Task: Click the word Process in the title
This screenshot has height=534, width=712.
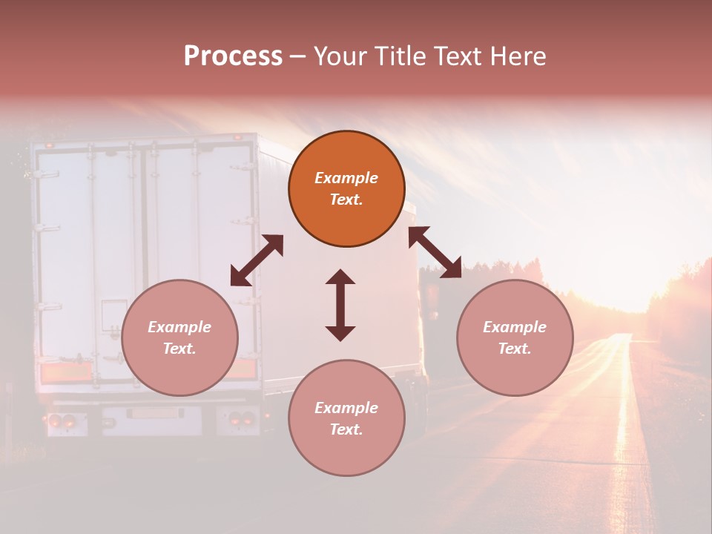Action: (233, 56)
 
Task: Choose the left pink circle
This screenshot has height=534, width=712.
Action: (179, 337)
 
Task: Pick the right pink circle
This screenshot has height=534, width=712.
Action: (515, 337)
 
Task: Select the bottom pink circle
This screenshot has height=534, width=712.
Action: (346, 418)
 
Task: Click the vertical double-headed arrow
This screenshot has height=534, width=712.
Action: (340, 305)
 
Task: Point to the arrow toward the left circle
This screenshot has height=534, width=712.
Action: (257, 260)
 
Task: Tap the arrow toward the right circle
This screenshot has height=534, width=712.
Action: (435, 252)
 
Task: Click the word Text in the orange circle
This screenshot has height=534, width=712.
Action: (346, 200)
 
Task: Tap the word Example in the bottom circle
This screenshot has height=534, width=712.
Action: (346, 407)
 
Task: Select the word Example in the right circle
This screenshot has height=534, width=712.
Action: (515, 326)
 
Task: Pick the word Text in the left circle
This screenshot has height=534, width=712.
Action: (179, 348)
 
